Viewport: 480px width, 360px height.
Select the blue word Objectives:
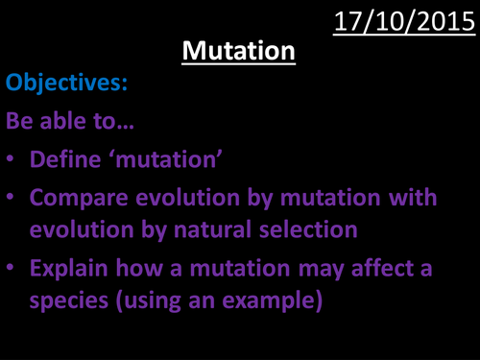click(x=66, y=85)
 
